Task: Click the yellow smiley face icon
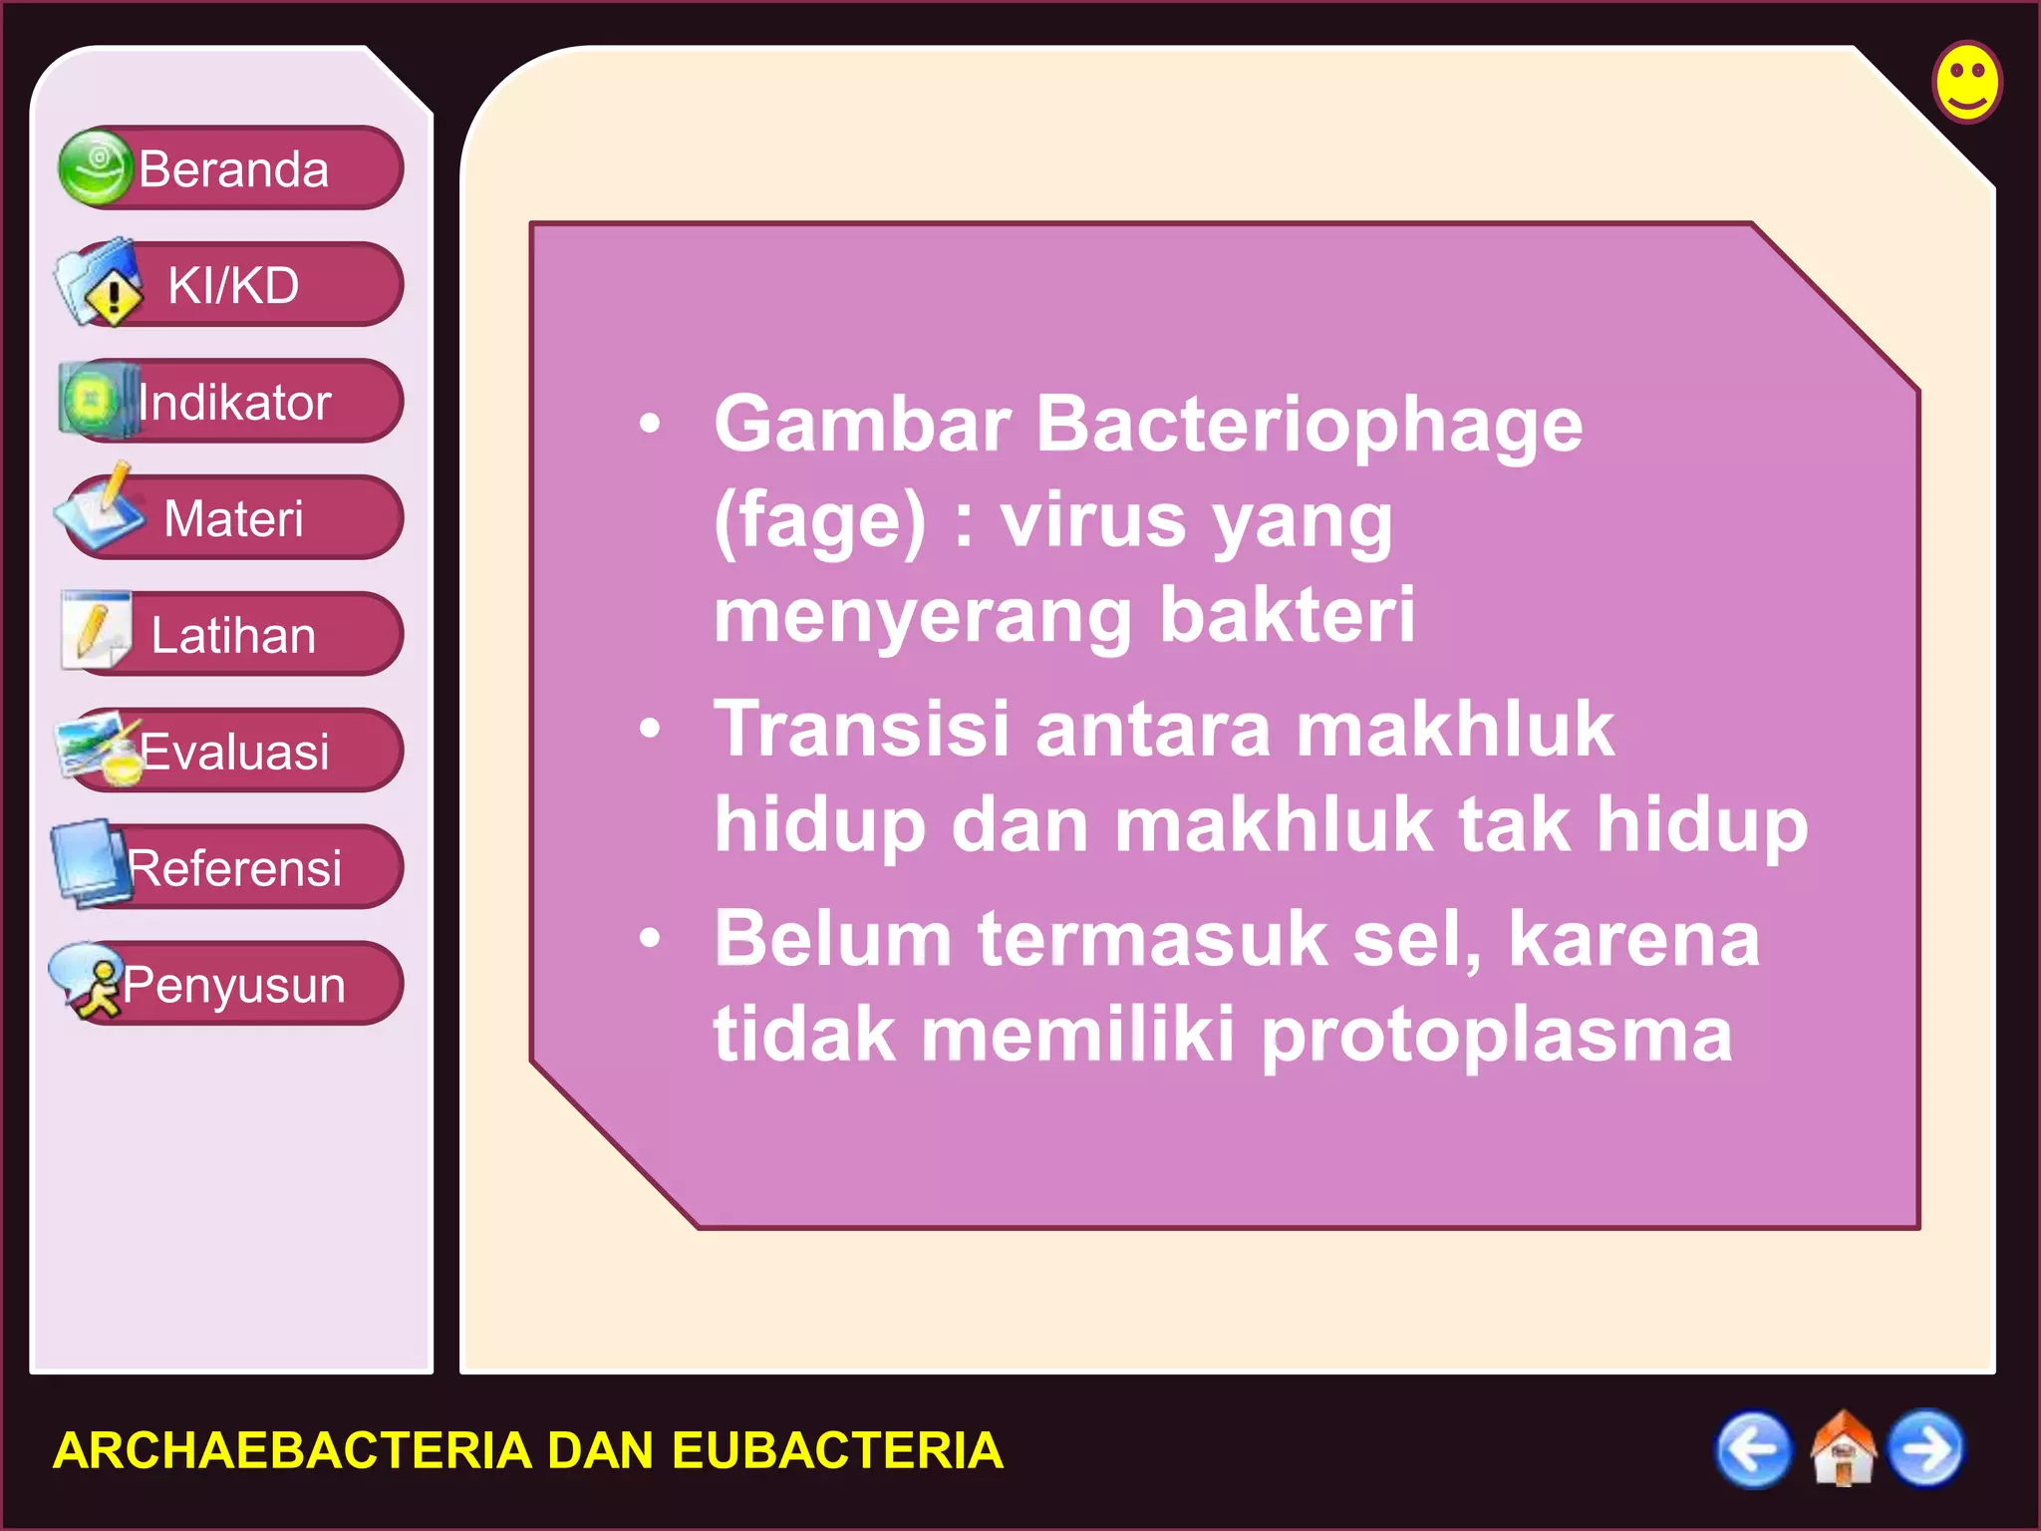tap(1967, 83)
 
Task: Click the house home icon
tap(1842, 1448)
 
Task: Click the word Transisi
tap(862, 729)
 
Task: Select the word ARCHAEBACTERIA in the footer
tap(292, 1450)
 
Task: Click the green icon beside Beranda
tap(95, 167)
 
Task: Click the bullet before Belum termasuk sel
tap(650, 938)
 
